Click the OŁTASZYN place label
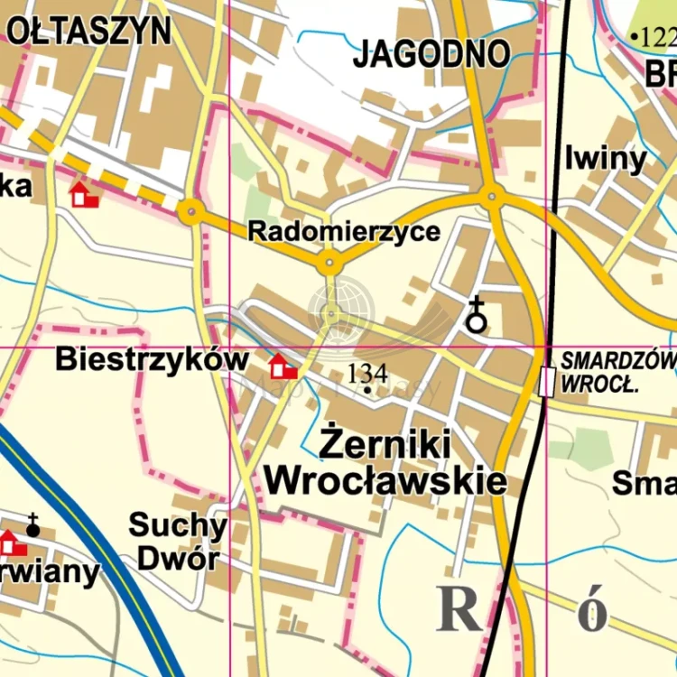point(88,31)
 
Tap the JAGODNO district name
point(431,54)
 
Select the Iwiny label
point(606,160)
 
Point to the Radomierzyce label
point(344,232)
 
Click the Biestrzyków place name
point(152,359)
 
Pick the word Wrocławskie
point(385,480)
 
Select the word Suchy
point(177,525)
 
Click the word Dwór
point(177,559)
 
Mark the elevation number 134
point(367,373)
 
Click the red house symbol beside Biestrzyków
point(283,366)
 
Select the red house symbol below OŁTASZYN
point(84,194)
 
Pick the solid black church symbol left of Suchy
point(33,526)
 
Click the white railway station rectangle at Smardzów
point(545,382)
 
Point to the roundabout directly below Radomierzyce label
point(329,264)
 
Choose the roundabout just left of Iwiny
point(492,195)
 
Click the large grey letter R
point(460,610)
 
